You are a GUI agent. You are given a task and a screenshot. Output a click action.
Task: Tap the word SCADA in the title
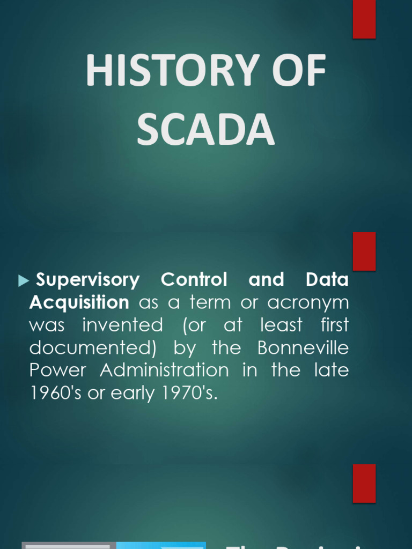coord(205,130)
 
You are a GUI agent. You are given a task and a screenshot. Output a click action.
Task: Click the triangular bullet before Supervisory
coord(23,280)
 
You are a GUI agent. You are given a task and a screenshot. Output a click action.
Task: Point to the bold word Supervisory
coord(87,280)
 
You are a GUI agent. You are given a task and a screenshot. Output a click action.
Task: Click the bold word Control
coord(194,280)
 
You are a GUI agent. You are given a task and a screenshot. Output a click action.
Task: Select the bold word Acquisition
coord(79,302)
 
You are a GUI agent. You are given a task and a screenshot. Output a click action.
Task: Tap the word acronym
coord(308,302)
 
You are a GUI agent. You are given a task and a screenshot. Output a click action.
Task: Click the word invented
coord(122,325)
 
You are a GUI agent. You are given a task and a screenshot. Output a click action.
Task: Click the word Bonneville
coord(303,348)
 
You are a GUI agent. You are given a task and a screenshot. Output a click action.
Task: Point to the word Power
coord(57,370)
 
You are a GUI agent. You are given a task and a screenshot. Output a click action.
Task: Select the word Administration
coord(164,370)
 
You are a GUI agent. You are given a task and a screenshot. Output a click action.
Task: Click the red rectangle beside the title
coord(364,19)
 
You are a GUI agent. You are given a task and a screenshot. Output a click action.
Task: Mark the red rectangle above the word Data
coord(364,251)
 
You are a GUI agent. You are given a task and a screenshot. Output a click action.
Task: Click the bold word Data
coord(327,280)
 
